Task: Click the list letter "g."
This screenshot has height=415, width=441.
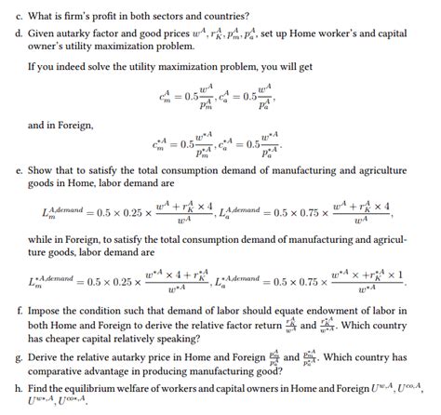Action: tap(7, 358)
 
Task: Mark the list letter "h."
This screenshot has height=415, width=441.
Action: tap(7, 390)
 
